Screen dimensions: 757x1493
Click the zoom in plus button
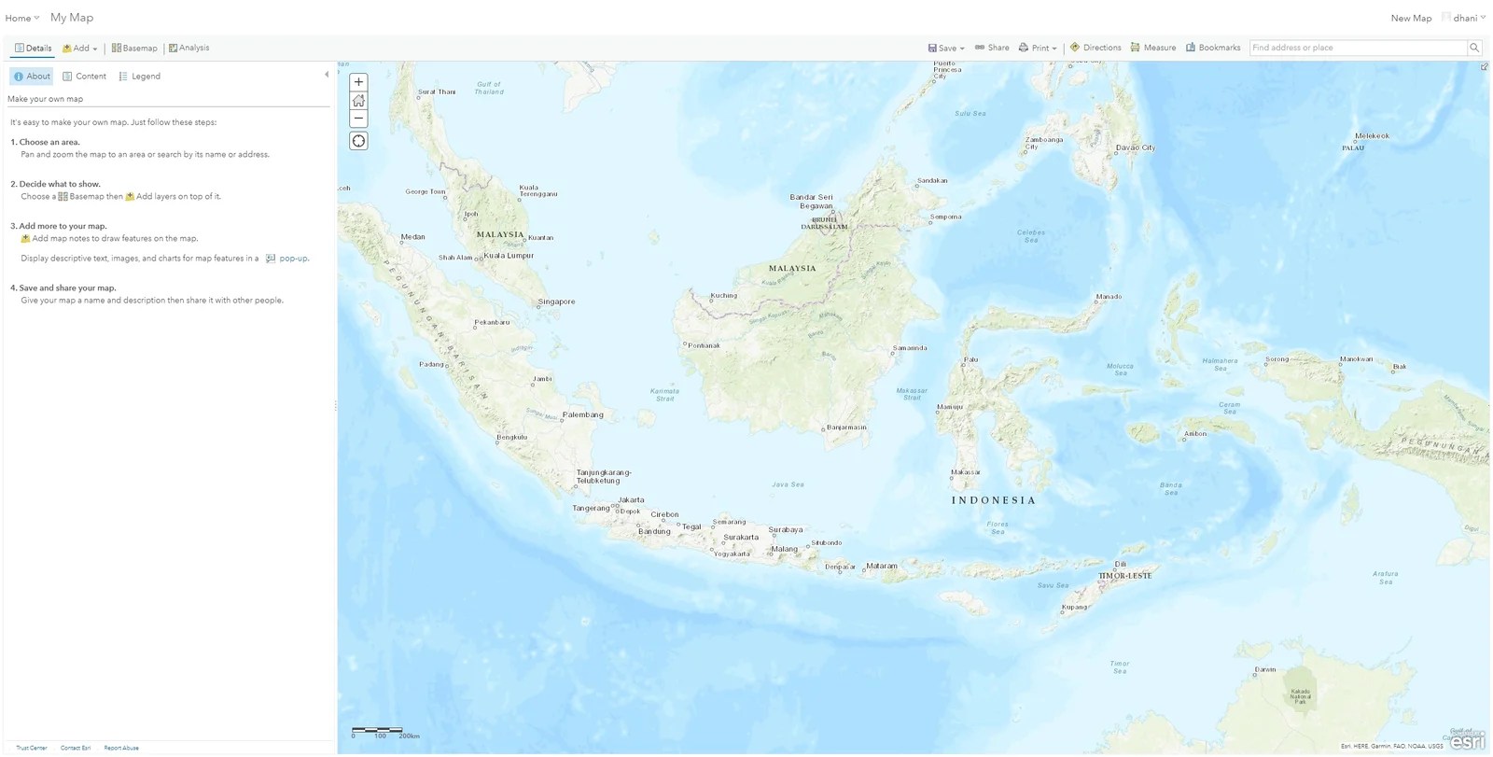click(x=358, y=82)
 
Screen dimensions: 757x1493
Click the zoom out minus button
click(x=358, y=119)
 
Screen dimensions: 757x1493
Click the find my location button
click(x=358, y=141)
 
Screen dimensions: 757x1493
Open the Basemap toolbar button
click(x=134, y=48)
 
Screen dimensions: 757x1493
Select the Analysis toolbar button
click(x=188, y=48)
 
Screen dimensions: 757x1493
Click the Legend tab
click(x=140, y=77)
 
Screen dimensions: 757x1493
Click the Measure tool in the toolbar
click(x=1153, y=48)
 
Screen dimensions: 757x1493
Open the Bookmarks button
click(x=1213, y=48)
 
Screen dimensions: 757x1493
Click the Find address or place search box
click(x=1357, y=48)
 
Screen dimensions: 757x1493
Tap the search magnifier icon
click(x=1474, y=48)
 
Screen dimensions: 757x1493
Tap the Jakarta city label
click(x=631, y=500)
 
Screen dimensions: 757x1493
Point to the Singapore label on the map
click(x=556, y=301)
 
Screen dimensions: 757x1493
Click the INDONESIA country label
click(x=993, y=500)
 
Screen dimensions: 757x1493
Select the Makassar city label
click(x=966, y=472)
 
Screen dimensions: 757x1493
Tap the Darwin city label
click(x=1265, y=669)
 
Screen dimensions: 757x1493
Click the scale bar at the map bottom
click(x=378, y=730)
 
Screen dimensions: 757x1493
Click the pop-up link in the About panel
click(x=293, y=259)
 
